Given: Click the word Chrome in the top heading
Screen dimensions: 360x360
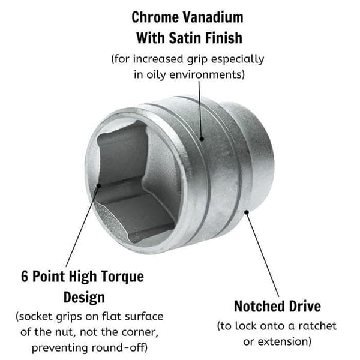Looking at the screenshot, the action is click(x=155, y=17).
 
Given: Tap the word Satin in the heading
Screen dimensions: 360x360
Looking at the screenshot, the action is click(x=185, y=38).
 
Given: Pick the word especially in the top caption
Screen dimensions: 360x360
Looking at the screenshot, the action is click(x=238, y=59).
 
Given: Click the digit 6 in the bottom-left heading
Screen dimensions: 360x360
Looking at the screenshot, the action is click(x=25, y=276).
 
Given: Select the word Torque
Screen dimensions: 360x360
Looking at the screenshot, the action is click(x=122, y=277).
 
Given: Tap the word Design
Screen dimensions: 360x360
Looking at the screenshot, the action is click(x=84, y=298).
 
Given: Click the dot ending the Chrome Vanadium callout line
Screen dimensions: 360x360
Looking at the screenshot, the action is click(x=202, y=139).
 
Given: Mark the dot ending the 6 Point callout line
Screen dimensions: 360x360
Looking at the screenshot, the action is click(x=99, y=185).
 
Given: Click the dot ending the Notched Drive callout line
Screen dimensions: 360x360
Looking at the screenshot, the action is click(x=247, y=212).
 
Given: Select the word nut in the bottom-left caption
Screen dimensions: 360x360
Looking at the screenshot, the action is click(x=65, y=332).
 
